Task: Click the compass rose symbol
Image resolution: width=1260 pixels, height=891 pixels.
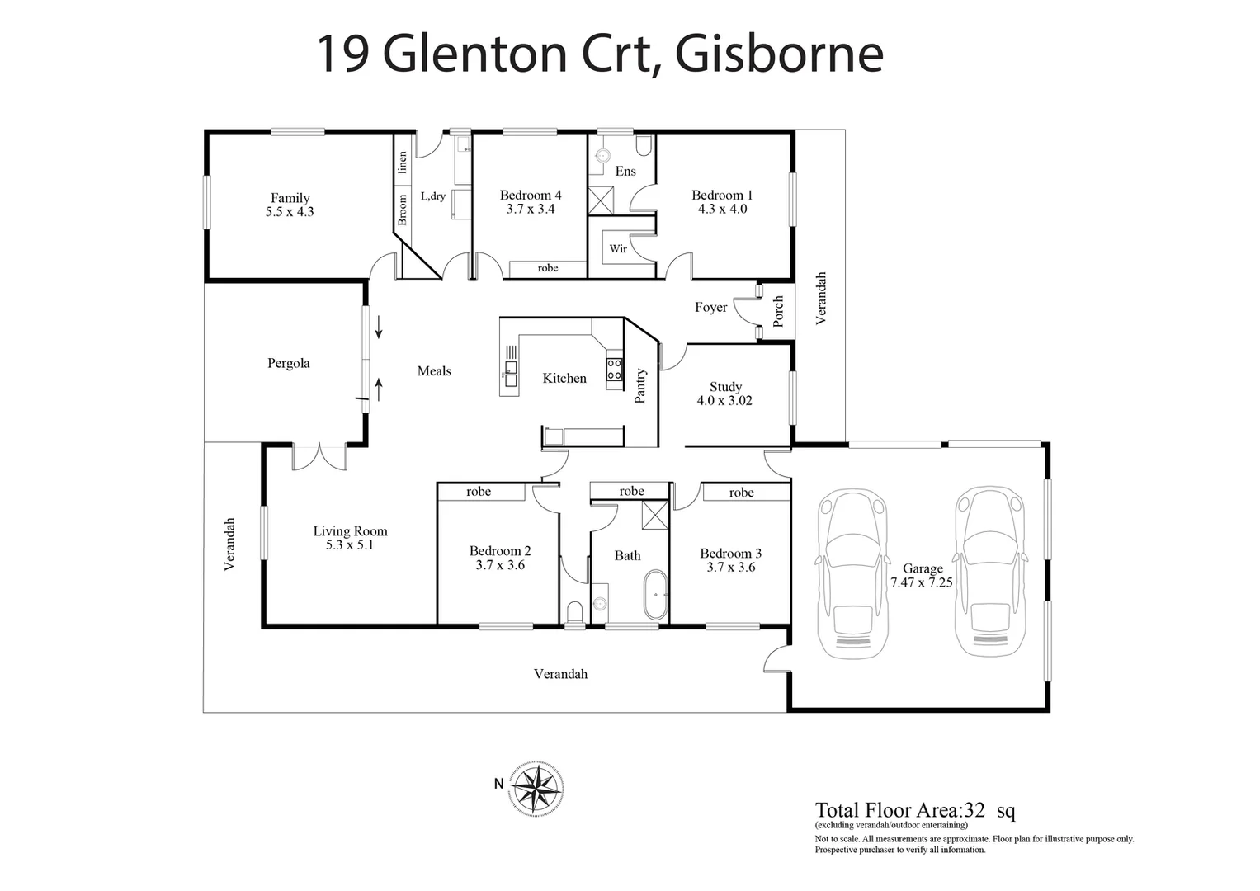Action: tap(537, 787)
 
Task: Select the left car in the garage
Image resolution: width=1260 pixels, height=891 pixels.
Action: tap(851, 573)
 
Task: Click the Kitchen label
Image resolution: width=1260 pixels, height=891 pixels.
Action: tap(564, 378)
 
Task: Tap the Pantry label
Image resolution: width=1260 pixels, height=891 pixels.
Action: tap(640, 385)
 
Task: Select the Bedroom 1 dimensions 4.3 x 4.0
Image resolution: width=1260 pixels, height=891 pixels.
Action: tap(721, 210)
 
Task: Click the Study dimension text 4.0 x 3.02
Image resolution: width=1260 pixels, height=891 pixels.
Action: tap(724, 401)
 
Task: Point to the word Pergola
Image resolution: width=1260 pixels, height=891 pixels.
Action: tap(288, 363)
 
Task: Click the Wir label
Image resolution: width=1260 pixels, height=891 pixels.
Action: tap(618, 248)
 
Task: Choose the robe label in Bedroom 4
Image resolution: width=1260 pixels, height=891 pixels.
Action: tap(547, 268)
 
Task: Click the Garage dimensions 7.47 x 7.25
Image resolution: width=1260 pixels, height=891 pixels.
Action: tap(922, 582)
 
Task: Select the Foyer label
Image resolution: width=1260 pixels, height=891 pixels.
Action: tap(710, 307)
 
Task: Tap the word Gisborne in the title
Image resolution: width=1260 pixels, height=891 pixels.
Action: tap(779, 54)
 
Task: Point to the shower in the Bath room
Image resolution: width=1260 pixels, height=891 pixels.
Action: tap(655, 516)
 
